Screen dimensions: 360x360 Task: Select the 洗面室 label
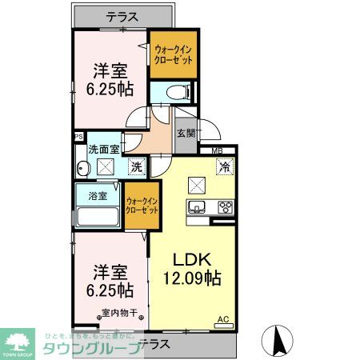tap(103, 149)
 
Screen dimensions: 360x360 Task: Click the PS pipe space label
tap(78, 137)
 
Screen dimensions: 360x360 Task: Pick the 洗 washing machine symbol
tap(137, 167)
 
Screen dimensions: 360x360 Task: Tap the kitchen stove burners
tap(224, 206)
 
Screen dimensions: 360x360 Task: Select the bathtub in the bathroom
tap(97, 218)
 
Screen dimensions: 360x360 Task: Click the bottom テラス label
tap(154, 343)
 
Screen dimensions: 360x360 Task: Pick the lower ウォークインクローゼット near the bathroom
tap(142, 205)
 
